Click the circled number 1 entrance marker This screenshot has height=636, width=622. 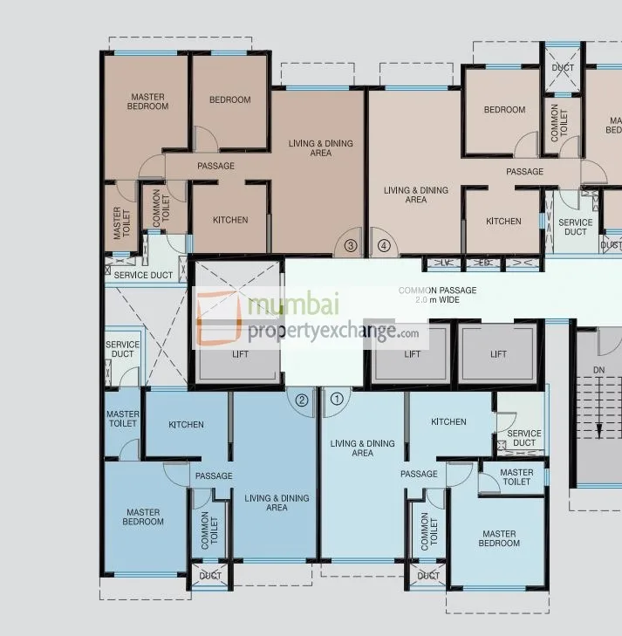click(x=338, y=400)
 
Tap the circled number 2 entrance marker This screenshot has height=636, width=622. click(x=302, y=400)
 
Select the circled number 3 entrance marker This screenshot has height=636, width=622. click(x=351, y=246)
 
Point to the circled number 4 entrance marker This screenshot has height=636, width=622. click(x=384, y=246)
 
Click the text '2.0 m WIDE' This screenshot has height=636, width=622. click(x=437, y=300)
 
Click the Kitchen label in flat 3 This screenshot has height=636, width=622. click(x=230, y=220)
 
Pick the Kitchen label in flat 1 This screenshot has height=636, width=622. click(x=448, y=422)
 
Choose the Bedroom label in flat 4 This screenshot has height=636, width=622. click(x=504, y=110)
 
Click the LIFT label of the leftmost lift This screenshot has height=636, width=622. click(x=240, y=354)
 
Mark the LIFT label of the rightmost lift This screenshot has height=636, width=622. click(x=498, y=354)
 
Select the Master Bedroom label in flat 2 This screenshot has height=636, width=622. click(x=143, y=516)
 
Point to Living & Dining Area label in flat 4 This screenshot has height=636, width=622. click(x=416, y=195)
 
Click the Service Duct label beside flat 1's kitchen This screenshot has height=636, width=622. click(x=523, y=438)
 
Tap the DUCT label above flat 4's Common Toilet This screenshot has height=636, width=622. click(x=563, y=67)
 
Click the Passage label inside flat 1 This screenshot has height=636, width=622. click(x=419, y=474)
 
